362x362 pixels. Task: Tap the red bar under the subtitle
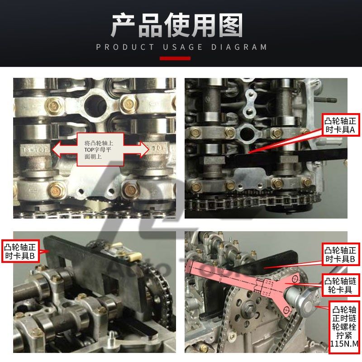click(x=175, y=58)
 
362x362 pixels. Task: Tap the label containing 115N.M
click(x=344, y=328)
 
